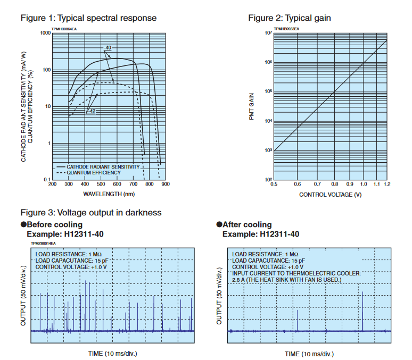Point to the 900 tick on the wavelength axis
(164, 185)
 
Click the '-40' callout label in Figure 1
(108, 48)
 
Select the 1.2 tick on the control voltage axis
(386, 185)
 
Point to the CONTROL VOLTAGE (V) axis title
(329, 195)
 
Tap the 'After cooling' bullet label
(247, 224)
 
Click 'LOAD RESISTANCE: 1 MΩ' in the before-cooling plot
(65, 254)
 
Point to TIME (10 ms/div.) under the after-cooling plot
(309, 354)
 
